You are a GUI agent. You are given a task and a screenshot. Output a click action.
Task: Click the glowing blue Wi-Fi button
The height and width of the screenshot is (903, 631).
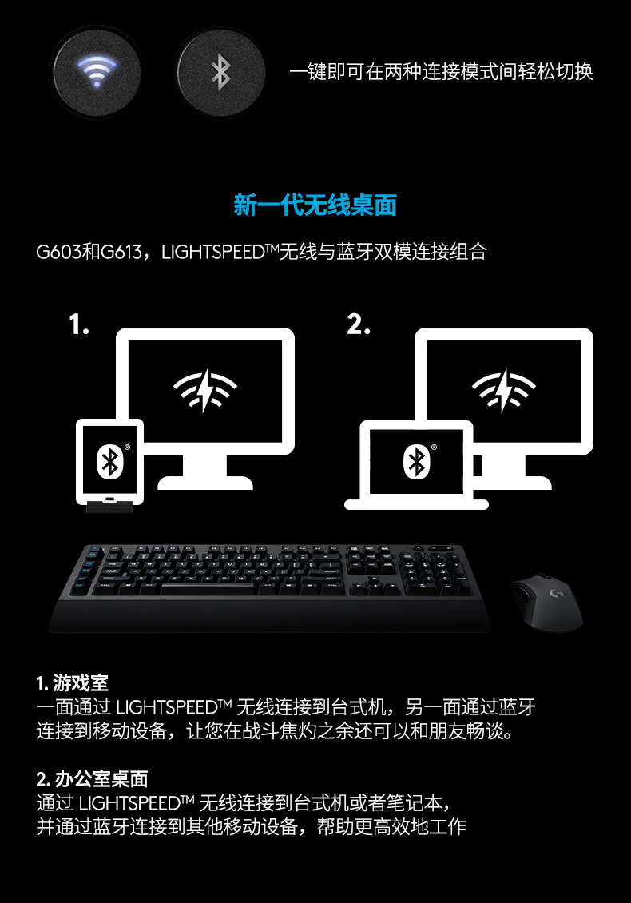tap(96, 73)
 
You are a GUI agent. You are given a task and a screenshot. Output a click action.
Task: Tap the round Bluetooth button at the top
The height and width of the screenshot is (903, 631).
tap(220, 73)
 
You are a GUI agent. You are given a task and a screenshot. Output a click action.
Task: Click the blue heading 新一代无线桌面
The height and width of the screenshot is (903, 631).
tap(315, 205)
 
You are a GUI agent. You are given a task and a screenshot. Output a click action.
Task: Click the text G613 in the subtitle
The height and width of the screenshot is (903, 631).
tap(121, 253)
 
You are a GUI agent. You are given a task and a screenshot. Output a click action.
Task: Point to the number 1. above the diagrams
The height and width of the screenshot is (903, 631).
tap(79, 324)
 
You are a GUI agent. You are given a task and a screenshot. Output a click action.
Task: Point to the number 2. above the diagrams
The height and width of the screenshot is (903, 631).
tap(359, 324)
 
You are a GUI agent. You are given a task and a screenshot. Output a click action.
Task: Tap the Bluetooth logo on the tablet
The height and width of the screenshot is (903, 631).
tap(109, 461)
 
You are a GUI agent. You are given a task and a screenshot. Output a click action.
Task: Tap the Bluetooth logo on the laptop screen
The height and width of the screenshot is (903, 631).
tap(417, 461)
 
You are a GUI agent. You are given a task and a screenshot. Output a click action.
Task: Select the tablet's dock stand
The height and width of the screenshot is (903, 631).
tap(109, 507)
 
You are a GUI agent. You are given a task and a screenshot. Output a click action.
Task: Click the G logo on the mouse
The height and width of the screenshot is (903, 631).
tap(556, 593)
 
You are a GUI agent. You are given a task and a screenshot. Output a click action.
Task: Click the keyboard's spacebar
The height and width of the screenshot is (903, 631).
tap(207, 589)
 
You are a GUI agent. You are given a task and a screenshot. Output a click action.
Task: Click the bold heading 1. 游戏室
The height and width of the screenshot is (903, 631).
tap(72, 683)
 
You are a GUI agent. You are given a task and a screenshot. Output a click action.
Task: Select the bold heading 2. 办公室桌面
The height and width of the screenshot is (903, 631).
tap(92, 779)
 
